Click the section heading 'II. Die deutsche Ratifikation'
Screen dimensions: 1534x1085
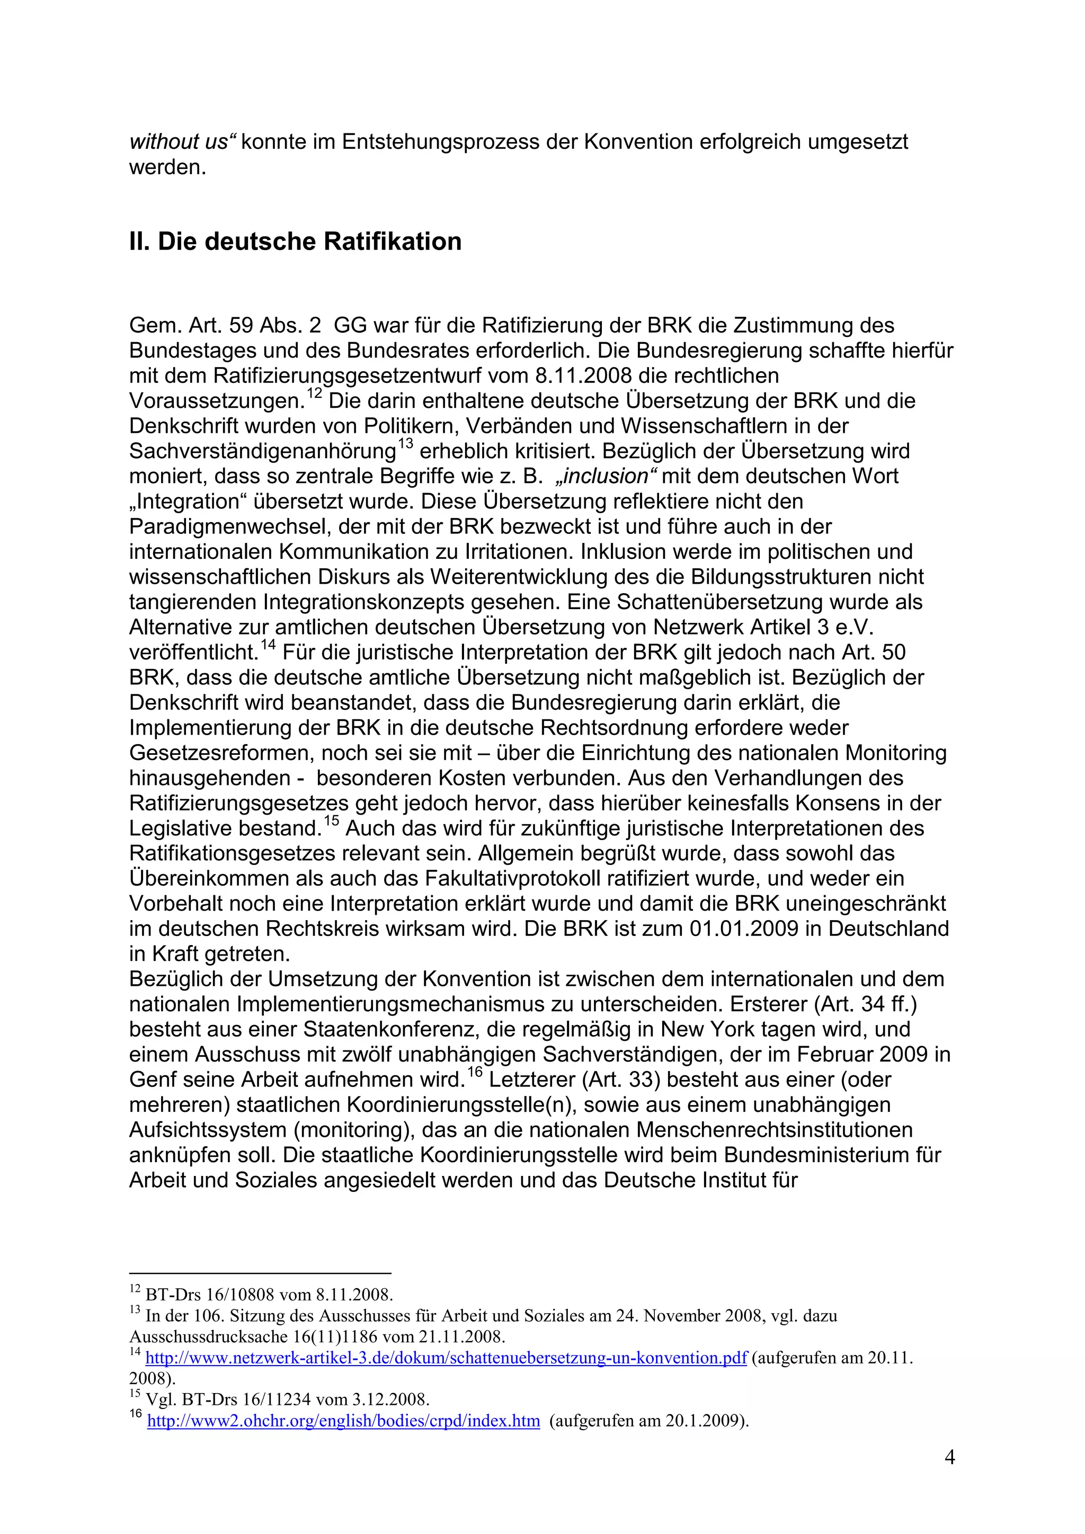(295, 242)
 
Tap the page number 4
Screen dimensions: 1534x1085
(949, 1457)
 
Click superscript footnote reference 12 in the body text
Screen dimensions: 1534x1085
(315, 395)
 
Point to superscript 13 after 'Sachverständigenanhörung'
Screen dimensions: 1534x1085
(405, 445)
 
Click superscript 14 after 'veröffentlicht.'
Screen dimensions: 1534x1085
(268, 645)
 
